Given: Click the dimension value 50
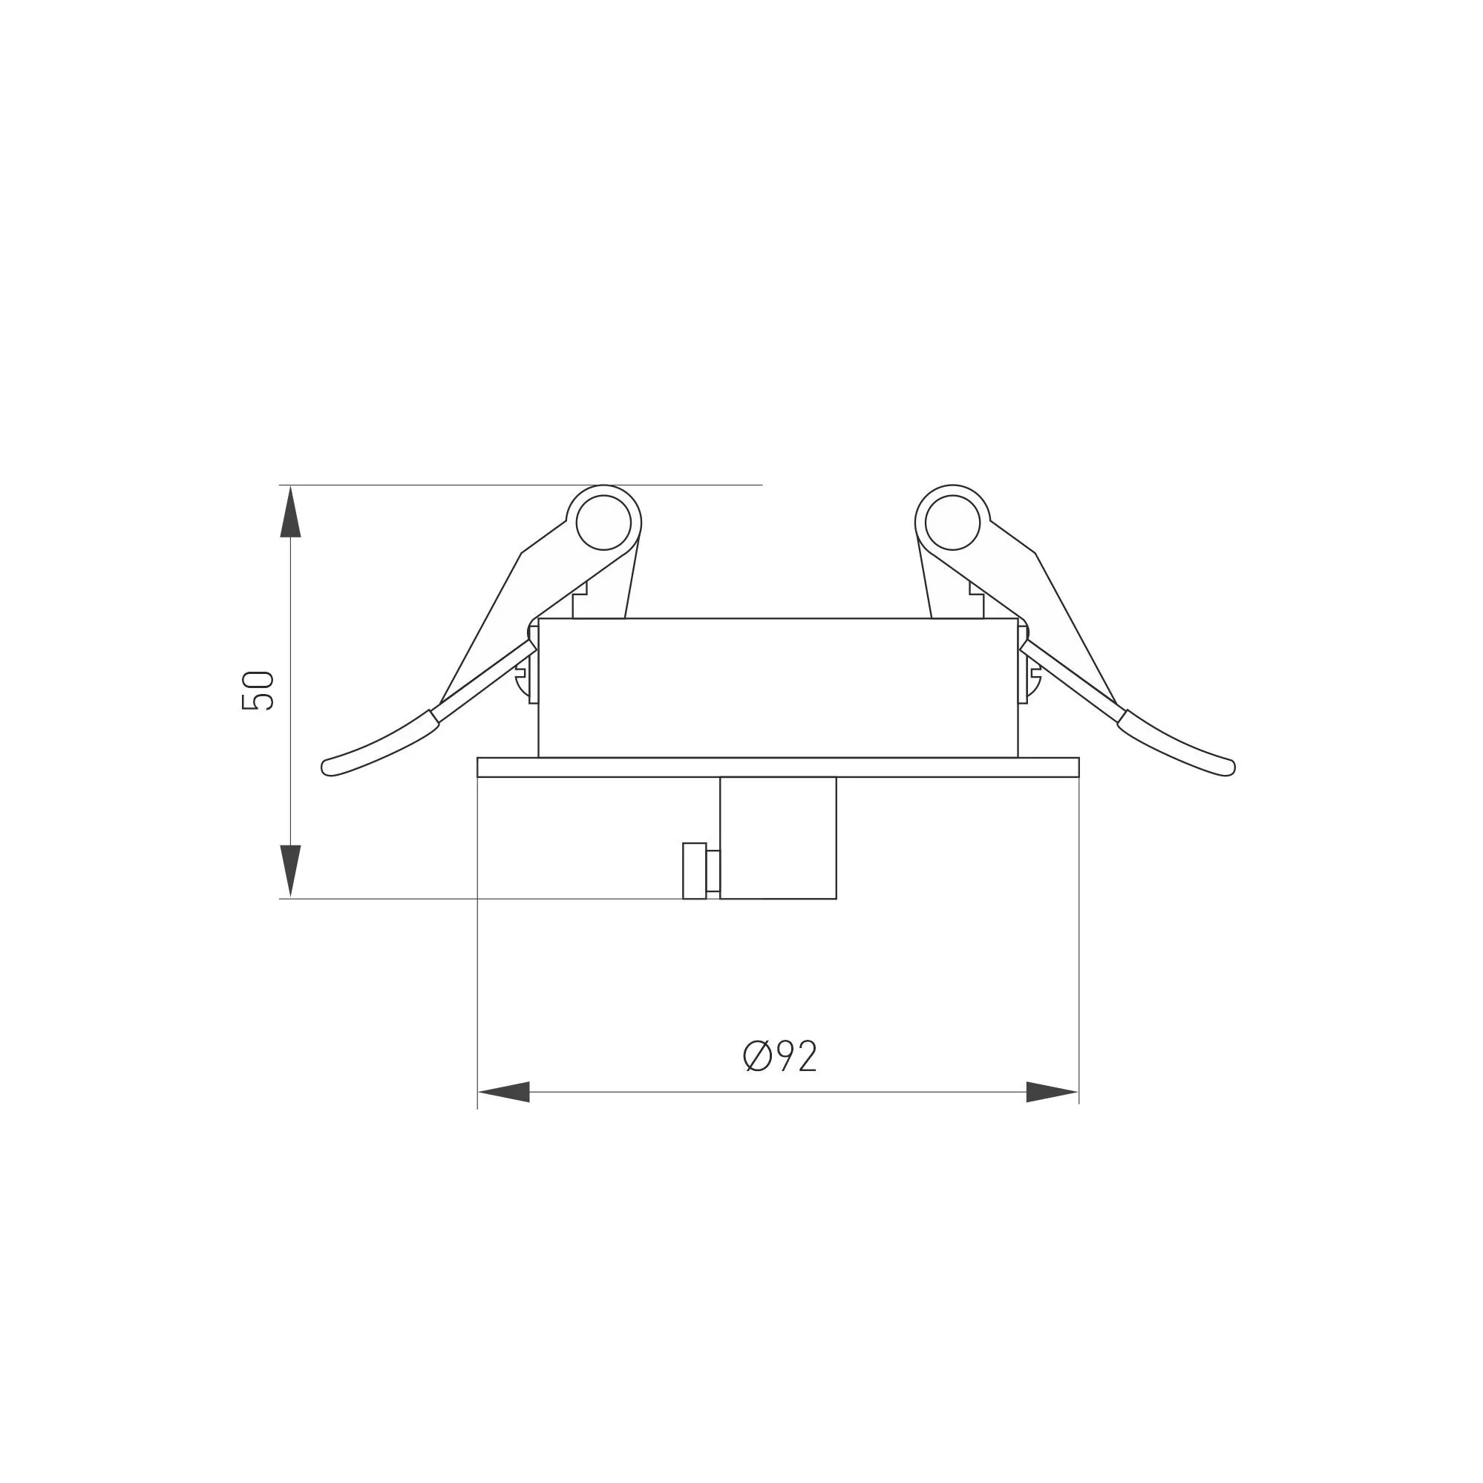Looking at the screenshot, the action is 258,690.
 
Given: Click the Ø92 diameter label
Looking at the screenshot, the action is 780,1056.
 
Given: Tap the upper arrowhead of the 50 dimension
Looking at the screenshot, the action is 290,511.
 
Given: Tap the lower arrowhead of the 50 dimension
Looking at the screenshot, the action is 290,871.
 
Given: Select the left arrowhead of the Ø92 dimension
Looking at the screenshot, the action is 503,1092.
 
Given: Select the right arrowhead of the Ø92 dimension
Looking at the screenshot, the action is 1052,1092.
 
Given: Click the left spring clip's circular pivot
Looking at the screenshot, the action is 603,523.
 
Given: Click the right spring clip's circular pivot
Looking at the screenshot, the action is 952,523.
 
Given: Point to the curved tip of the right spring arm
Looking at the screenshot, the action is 1227,767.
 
